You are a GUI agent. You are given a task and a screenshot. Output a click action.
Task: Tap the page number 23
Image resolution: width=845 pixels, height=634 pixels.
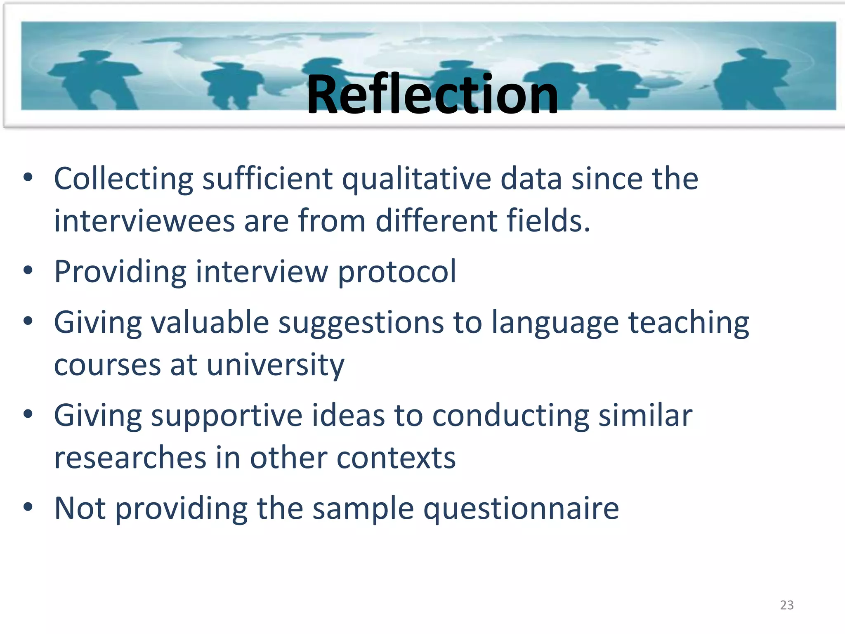coord(786,605)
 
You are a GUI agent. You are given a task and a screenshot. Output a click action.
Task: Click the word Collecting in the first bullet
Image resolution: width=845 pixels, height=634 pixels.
coord(123,179)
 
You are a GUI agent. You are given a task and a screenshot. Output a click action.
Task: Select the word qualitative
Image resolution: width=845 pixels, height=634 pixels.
coord(416,180)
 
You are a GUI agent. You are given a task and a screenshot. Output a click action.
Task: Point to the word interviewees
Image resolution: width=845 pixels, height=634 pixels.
coord(144,220)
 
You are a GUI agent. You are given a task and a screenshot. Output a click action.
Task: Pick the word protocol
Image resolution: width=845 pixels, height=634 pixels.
coord(397,272)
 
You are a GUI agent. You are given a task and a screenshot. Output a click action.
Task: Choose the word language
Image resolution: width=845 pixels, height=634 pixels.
coord(555,323)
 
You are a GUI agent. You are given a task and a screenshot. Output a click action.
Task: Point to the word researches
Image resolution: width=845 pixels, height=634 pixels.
coord(130,458)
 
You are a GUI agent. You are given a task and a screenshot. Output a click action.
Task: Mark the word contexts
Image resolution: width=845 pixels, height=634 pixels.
coord(396,458)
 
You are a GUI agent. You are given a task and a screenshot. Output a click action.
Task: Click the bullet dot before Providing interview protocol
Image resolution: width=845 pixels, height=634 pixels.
coord(28,271)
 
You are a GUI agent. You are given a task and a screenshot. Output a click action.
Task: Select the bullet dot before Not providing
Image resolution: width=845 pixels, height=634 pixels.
coord(28,507)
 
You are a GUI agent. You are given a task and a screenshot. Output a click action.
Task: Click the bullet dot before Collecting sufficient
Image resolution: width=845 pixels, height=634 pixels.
coord(28,177)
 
